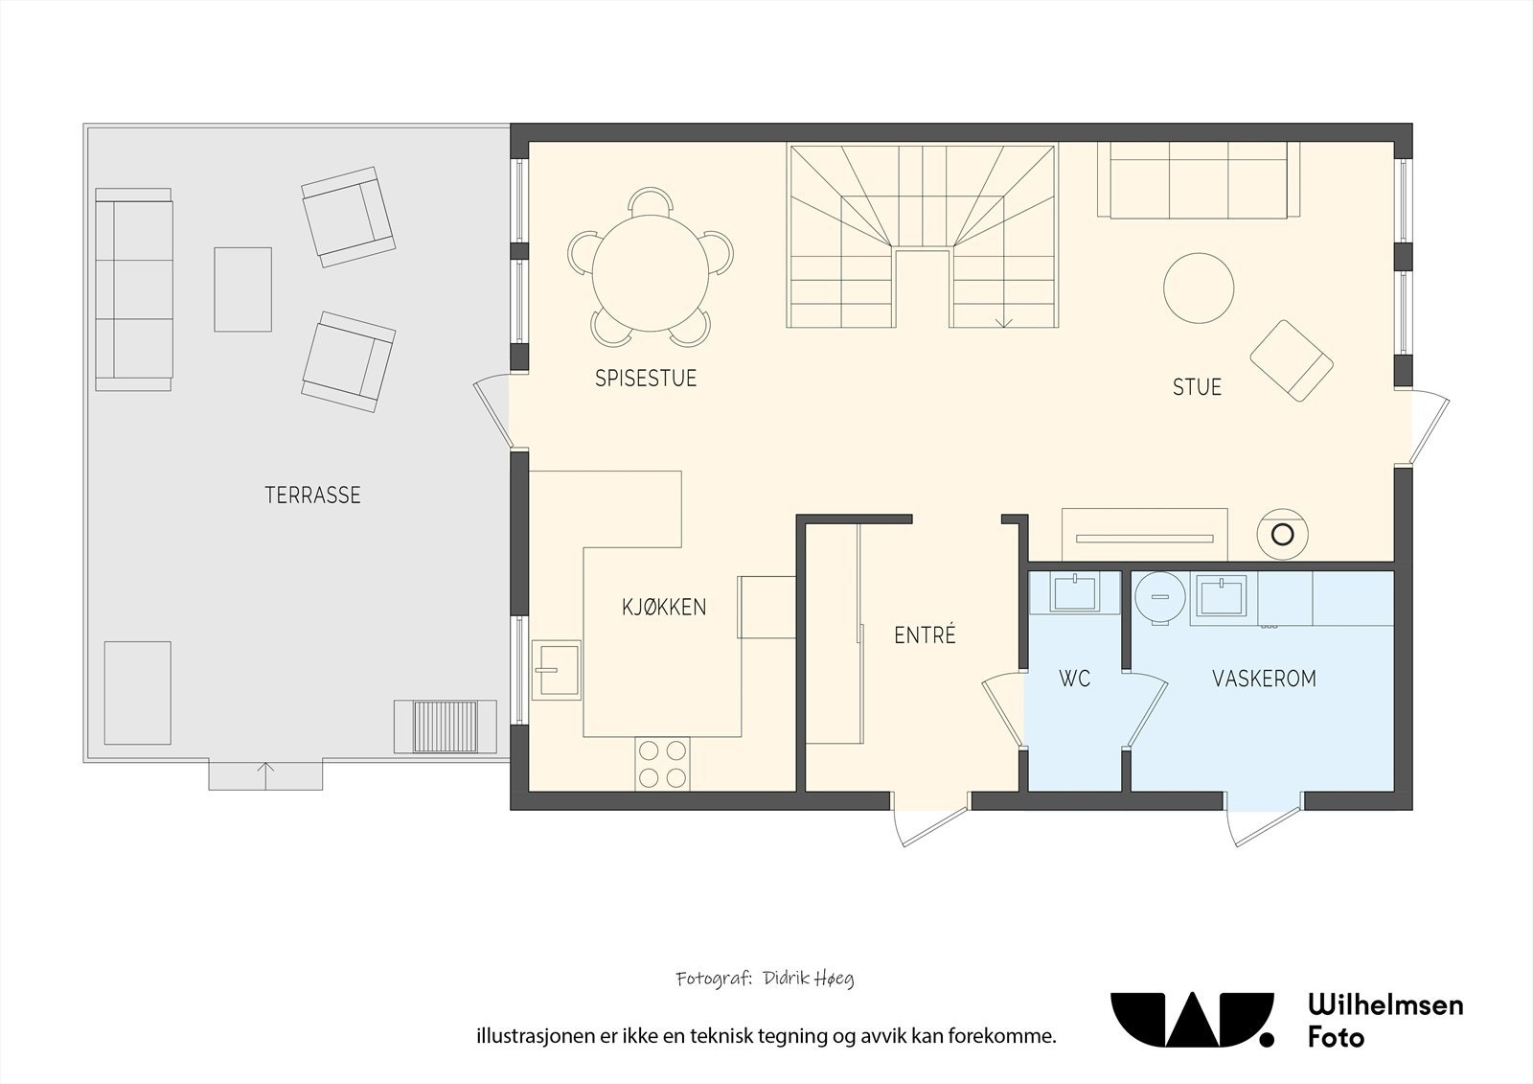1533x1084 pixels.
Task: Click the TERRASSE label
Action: pyautogui.click(x=312, y=496)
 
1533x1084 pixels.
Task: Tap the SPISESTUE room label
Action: pyautogui.click(x=646, y=378)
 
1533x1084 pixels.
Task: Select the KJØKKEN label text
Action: pyautogui.click(x=664, y=606)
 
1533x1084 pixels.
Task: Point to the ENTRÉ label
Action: pyautogui.click(x=925, y=634)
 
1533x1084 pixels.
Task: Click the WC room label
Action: pyautogui.click(x=1074, y=679)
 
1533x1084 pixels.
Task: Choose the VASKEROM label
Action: pyautogui.click(x=1264, y=679)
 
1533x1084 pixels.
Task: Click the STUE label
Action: pyautogui.click(x=1197, y=387)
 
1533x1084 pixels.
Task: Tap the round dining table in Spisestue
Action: pyautogui.click(x=651, y=273)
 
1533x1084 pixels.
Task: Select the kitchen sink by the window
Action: pyautogui.click(x=557, y=669)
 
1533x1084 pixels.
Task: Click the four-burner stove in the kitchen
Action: pyautogui.click(x=662, y=764)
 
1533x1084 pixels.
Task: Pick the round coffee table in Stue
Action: pyautogui.click(x=1199, y=288)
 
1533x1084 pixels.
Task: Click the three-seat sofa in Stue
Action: pyautogui.click(x=1199, y=180)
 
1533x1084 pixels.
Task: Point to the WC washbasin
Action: pyautogui.click(x=1075, y=592)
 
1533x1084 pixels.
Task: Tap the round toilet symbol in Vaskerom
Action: pyautogui.click(x=1160, y=597)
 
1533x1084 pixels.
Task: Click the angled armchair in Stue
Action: pyautogui.click(x=1292, y=360)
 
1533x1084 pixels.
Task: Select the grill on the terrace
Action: pyautogui.click(x=446, y=727)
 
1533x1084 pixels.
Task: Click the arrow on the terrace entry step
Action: pyautogui.click(x=265, y=775)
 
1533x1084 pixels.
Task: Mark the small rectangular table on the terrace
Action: pyautogui.click(x=243, y=289)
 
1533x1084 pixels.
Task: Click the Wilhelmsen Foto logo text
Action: pyautogui.click(x=1385, y=1021)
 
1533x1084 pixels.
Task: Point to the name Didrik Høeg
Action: pyautogui.click(x=809, y=979)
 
